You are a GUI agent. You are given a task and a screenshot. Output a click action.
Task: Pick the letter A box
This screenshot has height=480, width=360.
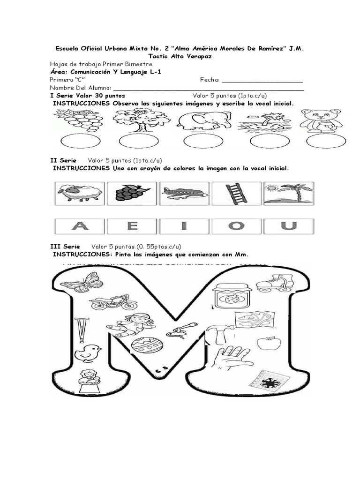pos(80,226)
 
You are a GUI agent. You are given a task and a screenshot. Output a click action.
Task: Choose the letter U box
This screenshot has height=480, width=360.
pos(289,226)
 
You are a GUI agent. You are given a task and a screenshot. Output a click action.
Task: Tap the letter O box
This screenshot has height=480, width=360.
pos(236,226)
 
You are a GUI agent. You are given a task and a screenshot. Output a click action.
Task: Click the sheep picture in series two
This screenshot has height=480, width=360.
pos(79,193)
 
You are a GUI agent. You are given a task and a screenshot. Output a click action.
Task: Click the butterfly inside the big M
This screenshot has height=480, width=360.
pos(82,282)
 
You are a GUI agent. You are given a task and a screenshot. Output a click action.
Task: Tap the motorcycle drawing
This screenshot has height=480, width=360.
pos(113,302)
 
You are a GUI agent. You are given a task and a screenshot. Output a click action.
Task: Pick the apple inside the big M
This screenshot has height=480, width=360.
pos(265,343)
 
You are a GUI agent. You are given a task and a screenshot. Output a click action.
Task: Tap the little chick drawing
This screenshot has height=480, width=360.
pos(89,352)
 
